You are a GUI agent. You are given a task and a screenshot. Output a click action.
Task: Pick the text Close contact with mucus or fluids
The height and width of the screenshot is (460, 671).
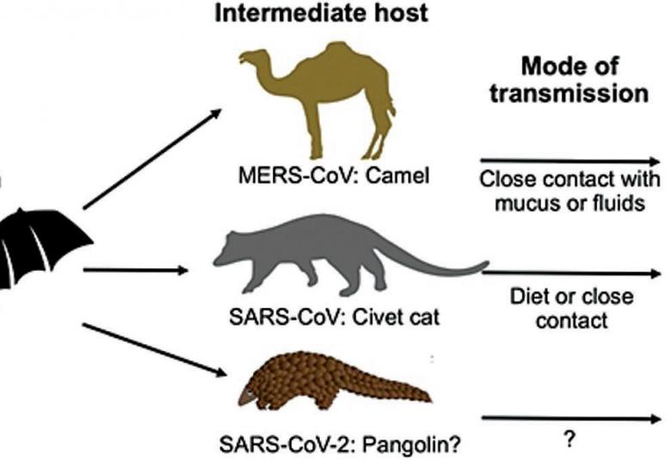[x=569, y=193]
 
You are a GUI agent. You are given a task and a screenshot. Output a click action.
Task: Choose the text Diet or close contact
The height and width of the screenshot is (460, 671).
[x=570, y=308]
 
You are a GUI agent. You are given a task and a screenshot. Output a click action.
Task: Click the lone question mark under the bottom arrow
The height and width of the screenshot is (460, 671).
[x=569, y=439]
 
